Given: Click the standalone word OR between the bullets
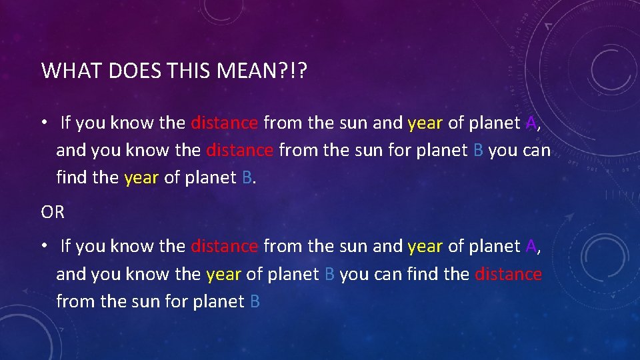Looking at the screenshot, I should point(53,213).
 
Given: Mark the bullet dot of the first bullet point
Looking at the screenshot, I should point(43,123).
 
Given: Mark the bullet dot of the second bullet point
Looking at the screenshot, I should point(43,247).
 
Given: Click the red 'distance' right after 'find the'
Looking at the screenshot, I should point(508,274).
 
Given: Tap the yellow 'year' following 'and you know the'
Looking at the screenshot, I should point(224,274).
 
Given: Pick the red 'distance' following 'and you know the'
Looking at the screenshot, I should point(239,150).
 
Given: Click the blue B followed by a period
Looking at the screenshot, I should point(247,178).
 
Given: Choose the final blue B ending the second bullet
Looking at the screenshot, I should point(254,301).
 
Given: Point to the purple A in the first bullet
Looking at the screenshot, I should point(531,123).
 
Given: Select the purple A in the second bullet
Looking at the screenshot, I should point(531,247).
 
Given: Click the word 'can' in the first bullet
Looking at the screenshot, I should point(537,150).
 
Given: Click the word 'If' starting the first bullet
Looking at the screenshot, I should point(65,123).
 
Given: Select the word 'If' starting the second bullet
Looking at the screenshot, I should point(65,247).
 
